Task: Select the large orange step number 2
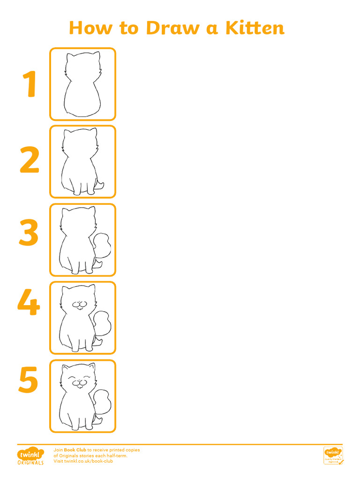click(30, 161)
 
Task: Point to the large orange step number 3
click(29, 234)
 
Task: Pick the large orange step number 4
click(29, 303)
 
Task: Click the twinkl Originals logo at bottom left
click(30, 456)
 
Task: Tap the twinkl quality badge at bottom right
click(333, 455)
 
